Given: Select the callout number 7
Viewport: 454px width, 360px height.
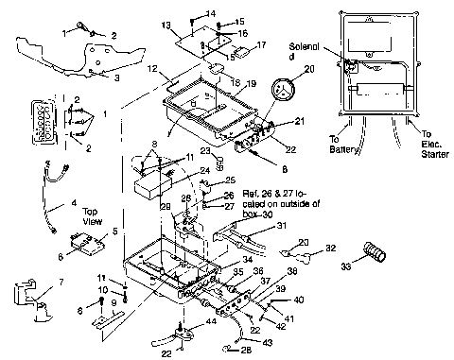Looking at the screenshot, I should (62, 282).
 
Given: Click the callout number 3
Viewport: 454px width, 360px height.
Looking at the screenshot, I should (117, 79).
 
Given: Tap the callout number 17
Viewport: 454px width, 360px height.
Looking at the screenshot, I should (262, 45).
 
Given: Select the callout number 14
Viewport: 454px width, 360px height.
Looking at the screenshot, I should (210, 13).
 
